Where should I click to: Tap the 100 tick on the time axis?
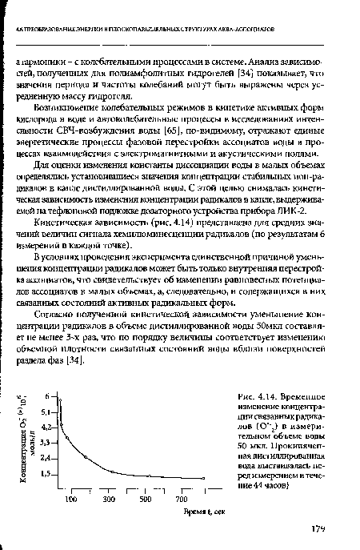70,500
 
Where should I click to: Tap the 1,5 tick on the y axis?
46,474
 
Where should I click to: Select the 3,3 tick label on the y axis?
46,441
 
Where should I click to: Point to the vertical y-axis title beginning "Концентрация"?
26,436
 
